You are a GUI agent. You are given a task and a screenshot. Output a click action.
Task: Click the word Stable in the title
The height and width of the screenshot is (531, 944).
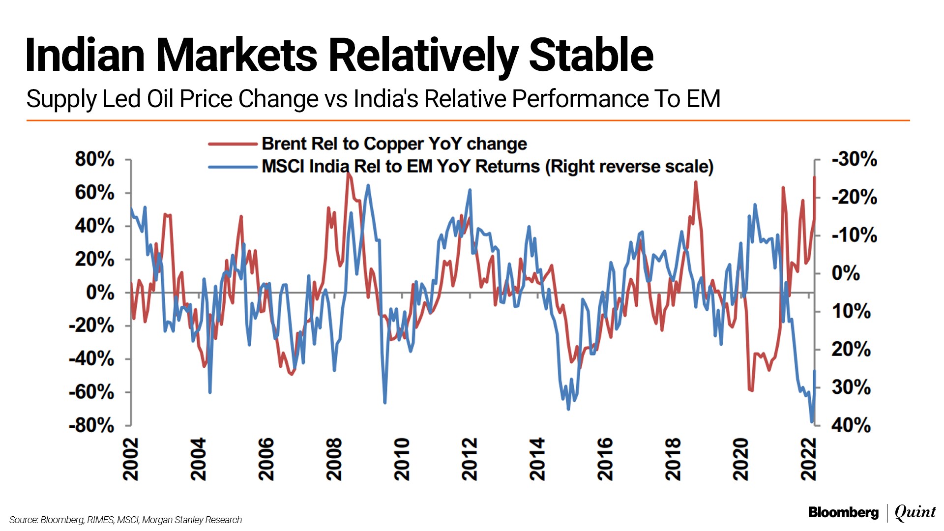(591, 55)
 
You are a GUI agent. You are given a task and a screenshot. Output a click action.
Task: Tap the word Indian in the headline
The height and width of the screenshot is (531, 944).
(85, 55)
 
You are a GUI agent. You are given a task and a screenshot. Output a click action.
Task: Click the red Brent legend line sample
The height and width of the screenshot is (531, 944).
(233, 144)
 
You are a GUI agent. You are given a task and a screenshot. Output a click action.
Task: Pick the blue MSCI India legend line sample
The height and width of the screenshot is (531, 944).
(233, 167)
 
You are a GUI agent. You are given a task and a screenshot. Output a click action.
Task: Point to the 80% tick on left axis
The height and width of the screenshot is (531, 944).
(95, 159)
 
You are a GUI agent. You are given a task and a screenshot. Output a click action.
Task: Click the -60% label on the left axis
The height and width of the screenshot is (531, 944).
(92, 392)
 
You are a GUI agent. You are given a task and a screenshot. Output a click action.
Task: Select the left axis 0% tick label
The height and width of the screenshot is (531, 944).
(100, 293)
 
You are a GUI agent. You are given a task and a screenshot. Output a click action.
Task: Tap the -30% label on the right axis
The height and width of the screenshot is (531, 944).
(854, 159)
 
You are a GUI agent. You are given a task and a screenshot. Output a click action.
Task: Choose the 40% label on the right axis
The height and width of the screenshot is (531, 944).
(851, 425)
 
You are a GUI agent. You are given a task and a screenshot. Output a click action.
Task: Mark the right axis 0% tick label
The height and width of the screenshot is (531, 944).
(846, 273)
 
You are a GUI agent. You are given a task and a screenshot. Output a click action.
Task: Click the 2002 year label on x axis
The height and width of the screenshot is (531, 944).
(131, 459)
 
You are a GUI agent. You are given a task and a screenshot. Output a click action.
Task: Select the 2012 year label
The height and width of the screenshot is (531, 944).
(470, 459)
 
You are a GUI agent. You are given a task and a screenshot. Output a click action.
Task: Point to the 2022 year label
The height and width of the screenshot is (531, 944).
(809, 459)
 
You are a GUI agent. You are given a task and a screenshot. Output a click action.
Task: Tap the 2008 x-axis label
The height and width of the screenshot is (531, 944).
(334, 459)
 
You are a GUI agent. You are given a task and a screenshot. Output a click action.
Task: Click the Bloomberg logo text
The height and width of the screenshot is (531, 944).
(843, 513)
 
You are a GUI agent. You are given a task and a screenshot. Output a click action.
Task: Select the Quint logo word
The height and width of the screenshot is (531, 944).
(915, 512)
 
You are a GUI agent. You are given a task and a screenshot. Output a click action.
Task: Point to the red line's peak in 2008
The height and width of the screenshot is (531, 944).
(348, 174)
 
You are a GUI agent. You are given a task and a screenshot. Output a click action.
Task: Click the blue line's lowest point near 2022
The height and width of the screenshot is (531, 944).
(812, 422)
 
